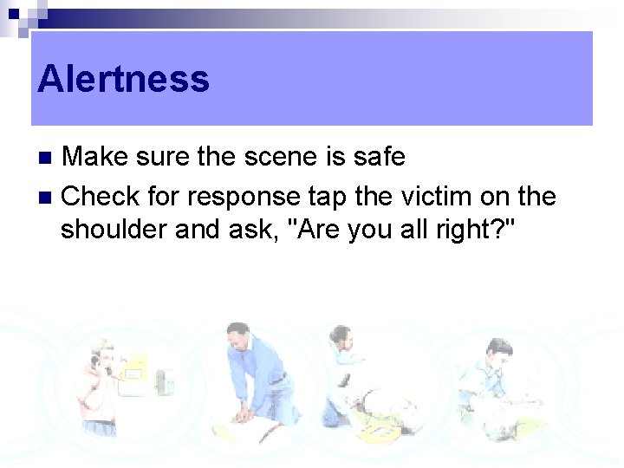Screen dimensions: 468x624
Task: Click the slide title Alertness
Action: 123,79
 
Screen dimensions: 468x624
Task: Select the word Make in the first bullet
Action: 93,157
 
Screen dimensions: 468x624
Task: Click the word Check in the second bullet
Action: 94,196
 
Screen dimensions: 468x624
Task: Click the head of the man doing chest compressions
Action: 237,335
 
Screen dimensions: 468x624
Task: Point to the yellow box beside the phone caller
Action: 134,371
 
